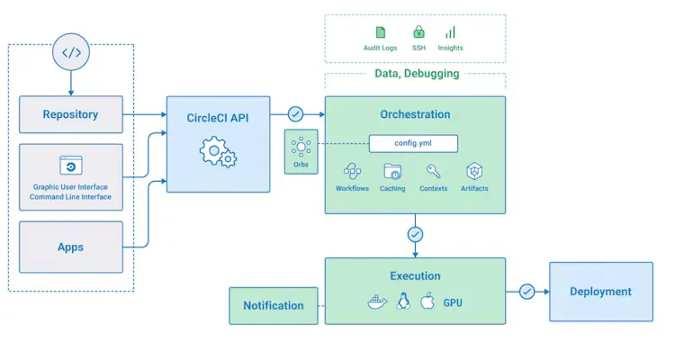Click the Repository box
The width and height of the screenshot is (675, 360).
tap(71, 114)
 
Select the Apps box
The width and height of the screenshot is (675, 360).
tap(71, 247)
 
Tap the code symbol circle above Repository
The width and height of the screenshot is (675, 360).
tap(71, 52)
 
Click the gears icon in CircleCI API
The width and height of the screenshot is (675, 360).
tap(218, 152)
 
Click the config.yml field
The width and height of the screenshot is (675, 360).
tap(413, 143)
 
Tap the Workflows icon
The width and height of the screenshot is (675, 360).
tap(352, 171)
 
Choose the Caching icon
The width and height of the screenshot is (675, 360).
tap(392, 171)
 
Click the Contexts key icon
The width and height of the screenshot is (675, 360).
tap(433, 171)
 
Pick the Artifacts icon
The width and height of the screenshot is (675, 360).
tap(474, 171)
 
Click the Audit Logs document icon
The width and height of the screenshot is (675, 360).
tap(380, 32)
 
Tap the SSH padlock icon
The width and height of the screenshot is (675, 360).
tap(418, 32)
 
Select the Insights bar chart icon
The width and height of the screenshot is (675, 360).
tap(450, 32)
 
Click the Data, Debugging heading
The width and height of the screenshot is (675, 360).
tap(416, 74)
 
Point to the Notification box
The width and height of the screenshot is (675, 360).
tap(274, 305)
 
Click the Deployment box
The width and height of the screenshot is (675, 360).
tap(600, 292)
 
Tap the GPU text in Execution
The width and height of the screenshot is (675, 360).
tap(453, 302)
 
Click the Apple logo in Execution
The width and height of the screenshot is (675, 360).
tap(427, 301)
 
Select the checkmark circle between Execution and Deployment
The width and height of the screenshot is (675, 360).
tap(527, 291)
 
